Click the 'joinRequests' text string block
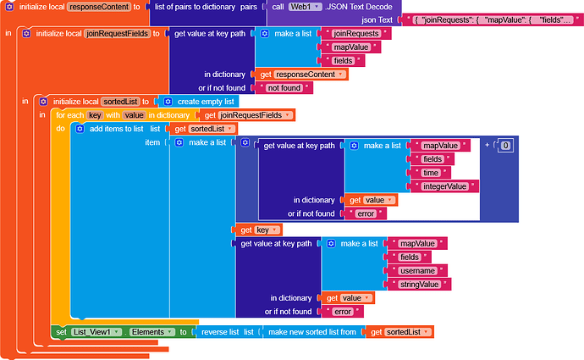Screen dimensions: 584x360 356,34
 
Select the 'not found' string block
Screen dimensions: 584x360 284,88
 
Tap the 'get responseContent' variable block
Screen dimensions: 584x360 302,75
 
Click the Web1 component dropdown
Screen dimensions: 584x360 305,7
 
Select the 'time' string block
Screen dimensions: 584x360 431,173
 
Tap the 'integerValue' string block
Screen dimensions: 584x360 444,186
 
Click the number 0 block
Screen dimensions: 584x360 505,146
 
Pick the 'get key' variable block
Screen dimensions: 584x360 259,230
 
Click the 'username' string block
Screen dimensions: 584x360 417,271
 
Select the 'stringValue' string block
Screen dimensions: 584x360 419,285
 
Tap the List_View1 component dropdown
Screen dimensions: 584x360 96,332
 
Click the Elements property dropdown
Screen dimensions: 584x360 152,332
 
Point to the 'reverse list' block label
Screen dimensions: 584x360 220,332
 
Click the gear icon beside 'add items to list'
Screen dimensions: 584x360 80,129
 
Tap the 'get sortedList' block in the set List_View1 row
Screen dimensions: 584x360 400,332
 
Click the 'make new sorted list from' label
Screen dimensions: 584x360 312,332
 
